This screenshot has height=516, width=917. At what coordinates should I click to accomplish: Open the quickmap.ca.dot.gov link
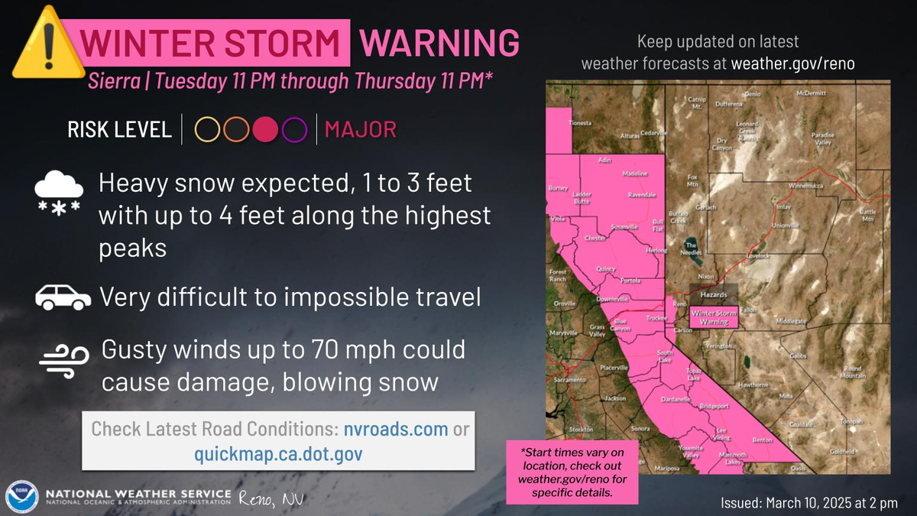pyautogui.click(x=278, y=454)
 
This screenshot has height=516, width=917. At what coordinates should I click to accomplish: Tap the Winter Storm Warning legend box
pyautogui.click(x=714, y=317)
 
